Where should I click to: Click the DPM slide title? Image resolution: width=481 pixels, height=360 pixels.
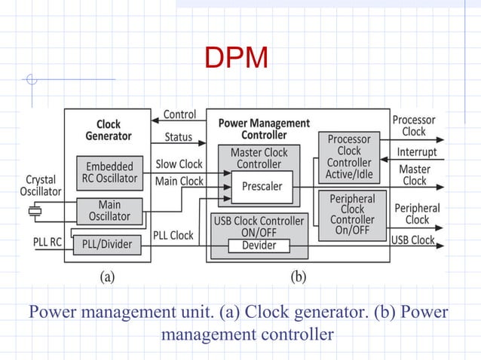pyautogui.click(x=236, y=58)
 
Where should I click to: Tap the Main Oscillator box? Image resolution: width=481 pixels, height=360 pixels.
pyautogui.click(x=109, y=210)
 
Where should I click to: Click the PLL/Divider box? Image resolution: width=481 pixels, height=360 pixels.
pyautogui.click(x=106, y=243)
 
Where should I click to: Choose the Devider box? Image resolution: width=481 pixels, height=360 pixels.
pyautogui.click(x=259, y=246)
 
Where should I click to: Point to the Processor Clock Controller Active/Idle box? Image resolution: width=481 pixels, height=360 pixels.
pyautogui.click(x=349, y=157)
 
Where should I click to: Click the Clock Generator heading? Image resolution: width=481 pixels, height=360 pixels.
pyautogui.click(x=109, y=130)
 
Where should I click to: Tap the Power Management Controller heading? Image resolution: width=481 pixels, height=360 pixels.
pyautogui.click(x=264, y=129)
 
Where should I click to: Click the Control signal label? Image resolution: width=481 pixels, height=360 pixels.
pyautogui.click(x=179, y=114)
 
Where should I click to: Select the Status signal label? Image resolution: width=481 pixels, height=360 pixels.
pyautogui.click(x=178, y=138)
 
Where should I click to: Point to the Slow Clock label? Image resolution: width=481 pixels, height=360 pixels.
pyautogui.click(x=179, y=163)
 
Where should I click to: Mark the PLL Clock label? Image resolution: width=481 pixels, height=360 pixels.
pyautogui.click(x=173, y=235)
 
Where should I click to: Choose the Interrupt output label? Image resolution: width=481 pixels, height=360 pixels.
pyautogui.click(x=417, y=151)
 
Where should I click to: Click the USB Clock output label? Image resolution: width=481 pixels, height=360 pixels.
pyautogui.click(x=412, y=239)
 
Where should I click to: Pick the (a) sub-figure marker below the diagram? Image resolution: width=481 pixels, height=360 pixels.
pyautogui.click(x=109, y=276)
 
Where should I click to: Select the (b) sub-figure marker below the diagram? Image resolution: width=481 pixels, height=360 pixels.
pyautogui.click(x=298, y=276)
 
